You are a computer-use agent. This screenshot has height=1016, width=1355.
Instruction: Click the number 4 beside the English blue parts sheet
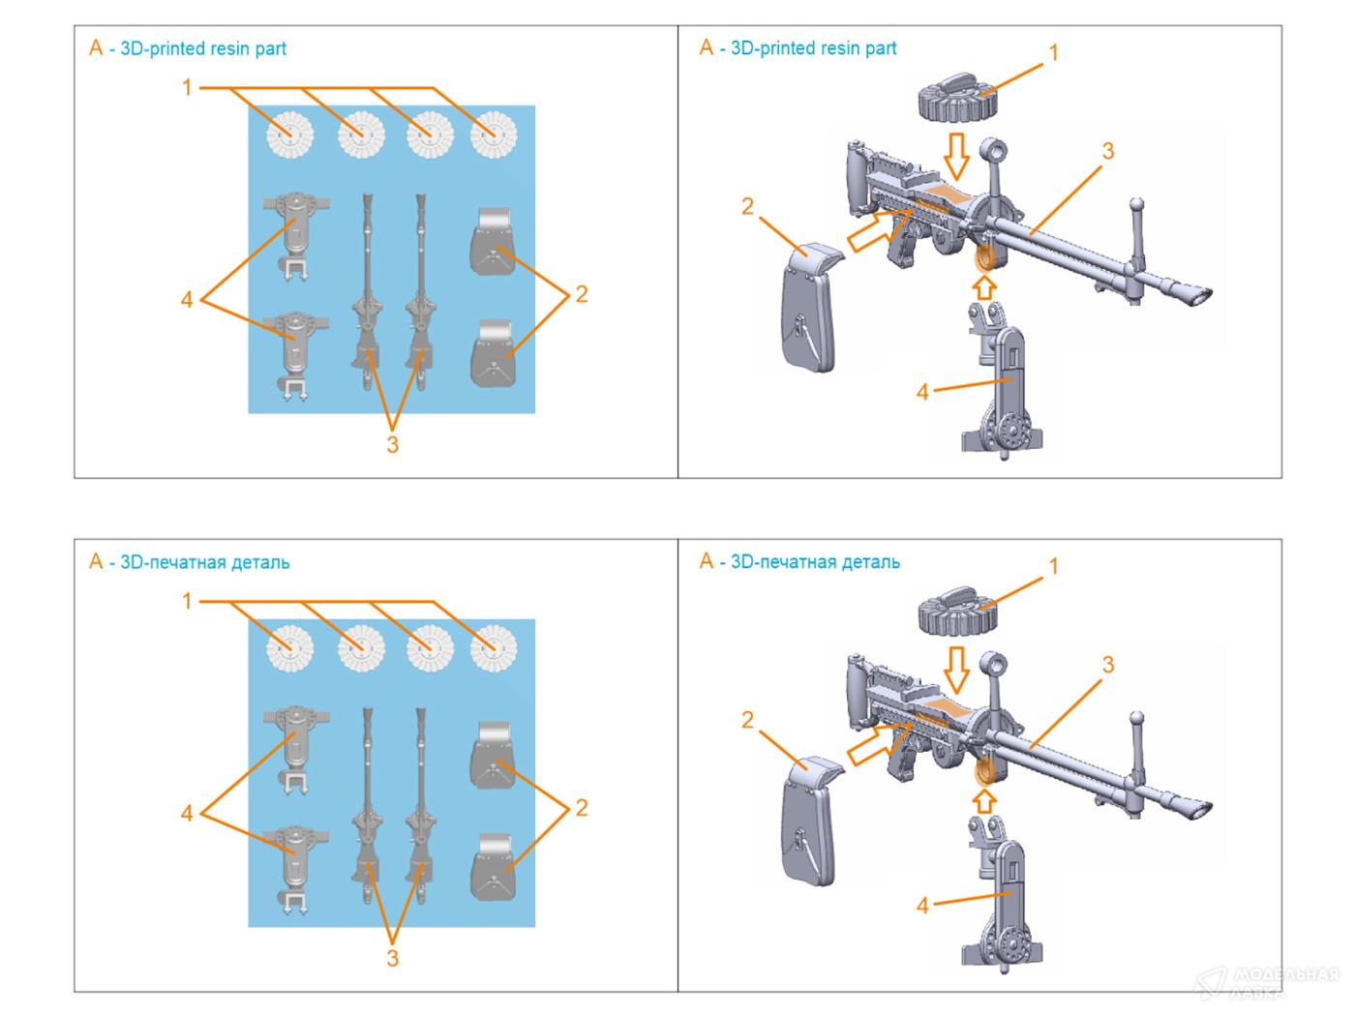(187, 300)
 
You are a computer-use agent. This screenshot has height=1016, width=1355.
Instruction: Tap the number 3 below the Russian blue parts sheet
(392, 958)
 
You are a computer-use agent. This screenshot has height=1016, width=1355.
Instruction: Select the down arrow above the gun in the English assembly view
(957, 154)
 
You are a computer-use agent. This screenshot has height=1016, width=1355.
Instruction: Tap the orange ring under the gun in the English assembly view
(985, 258)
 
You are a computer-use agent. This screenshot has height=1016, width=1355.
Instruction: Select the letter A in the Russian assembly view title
(707, 562)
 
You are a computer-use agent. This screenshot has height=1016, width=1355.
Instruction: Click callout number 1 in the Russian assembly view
(1053, 565)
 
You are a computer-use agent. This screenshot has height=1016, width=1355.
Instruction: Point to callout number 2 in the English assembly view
(747, 207)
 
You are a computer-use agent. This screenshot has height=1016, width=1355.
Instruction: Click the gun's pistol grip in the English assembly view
(902, 253)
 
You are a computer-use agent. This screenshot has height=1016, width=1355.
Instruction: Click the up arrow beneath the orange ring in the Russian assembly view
(984, 800)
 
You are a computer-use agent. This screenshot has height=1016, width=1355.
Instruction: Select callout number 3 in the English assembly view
(1107, 152)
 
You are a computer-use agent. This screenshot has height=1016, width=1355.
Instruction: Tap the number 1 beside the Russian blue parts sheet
(187, 602)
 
